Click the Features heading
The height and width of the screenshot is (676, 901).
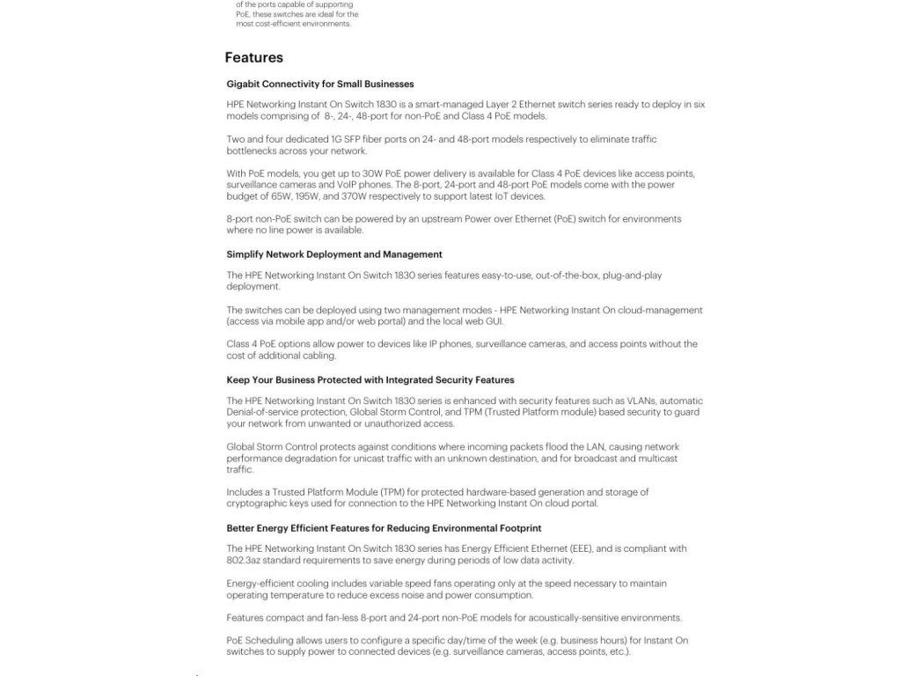pos(253,58)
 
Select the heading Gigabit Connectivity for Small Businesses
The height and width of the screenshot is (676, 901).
pos(319,84)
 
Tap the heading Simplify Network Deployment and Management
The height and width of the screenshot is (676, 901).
pos(333,254)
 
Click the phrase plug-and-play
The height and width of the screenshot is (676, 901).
pos(633,276)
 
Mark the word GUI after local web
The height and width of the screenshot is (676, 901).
pos(494,321)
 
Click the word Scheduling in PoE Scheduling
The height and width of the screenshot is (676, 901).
pos(275,641)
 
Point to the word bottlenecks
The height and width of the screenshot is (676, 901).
pos(253,151)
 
